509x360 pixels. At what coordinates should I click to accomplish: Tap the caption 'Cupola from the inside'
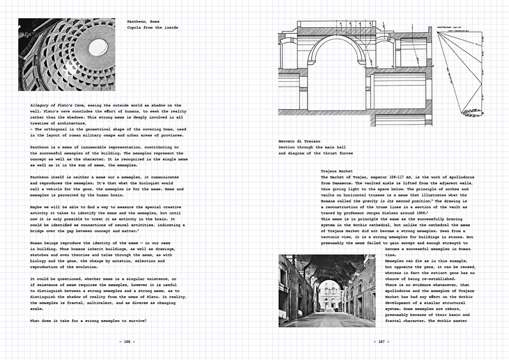coord(153,27)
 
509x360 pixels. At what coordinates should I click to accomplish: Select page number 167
coord(381,341)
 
